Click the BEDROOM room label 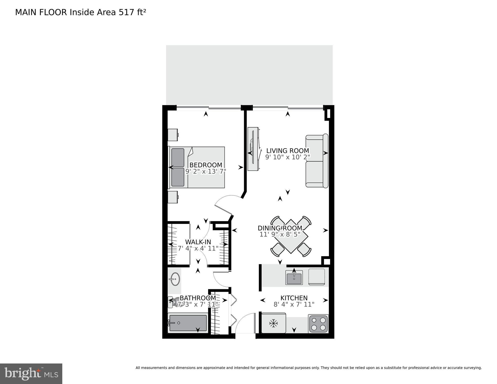point(206,165)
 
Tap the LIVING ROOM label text point(287,151)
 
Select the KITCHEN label point(294,298)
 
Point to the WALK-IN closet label point(198,242)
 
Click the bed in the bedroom point(198,167)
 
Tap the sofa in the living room point(317,161)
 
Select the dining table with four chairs point(291,236)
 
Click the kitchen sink point(294,278)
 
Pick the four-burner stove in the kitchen point(318,324)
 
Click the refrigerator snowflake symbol point(273,323)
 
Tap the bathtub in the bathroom point(188,323)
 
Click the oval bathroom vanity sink point(174,279)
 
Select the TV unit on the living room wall point(253,149)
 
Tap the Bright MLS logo point(31,374)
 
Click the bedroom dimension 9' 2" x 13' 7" point(206,172)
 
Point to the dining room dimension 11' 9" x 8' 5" point(280,234)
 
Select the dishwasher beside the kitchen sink point(317,277)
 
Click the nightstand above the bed point(173,135)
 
